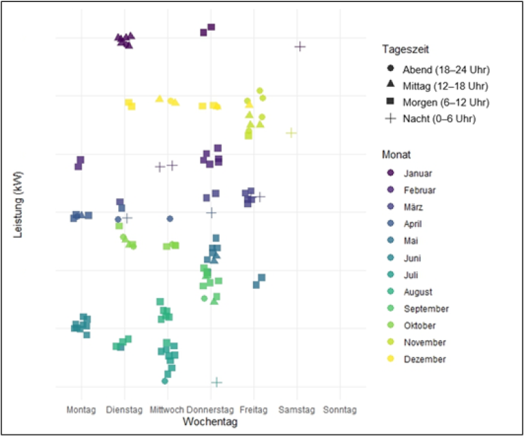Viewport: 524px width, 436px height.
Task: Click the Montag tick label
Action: click(81, 410)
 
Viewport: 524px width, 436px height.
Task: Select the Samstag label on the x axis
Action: click(297, 410)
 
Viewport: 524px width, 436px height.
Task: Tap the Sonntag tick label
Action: click(340, 410)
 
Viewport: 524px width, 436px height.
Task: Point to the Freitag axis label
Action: click(254, 410)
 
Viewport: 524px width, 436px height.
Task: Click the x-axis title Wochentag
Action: click(210, 422)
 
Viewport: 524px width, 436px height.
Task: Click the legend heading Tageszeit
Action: click(405, 49)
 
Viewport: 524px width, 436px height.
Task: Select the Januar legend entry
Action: click(418, 174)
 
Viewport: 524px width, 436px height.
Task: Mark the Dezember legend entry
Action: click(424, 359)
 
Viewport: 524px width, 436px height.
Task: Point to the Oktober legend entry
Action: click(419, 325)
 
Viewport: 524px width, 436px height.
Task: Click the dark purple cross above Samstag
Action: click(300, 46)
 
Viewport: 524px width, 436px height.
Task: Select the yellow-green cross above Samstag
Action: click(291, 133)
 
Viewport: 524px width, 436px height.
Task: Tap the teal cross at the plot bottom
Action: click(216, 382)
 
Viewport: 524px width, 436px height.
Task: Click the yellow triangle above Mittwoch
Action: click(160, 98)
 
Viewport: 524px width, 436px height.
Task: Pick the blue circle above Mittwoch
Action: click(170, 219)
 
